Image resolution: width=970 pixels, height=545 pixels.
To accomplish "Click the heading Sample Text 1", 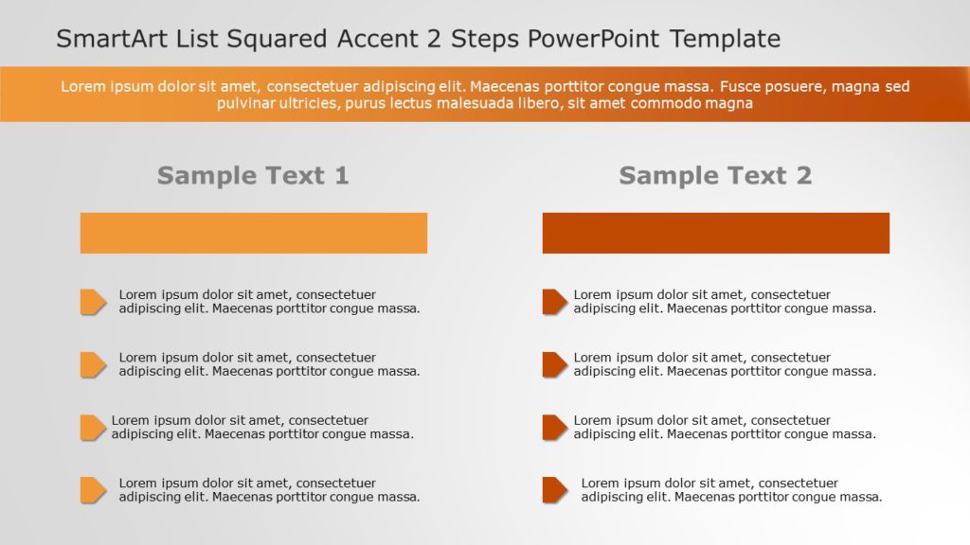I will (x=253, y=175).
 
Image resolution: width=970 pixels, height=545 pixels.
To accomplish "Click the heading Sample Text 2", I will (x=715, y=175).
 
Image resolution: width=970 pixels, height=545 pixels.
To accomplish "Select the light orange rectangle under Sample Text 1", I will (x=253, y=233).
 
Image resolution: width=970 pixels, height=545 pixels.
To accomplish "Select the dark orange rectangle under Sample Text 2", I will (x=715, y=233).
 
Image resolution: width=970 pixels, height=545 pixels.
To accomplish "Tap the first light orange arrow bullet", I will (x=92, y=302).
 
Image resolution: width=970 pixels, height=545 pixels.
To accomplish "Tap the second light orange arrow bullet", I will (x=92, y=364).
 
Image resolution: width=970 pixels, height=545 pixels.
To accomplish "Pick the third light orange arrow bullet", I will (x=92, y=428).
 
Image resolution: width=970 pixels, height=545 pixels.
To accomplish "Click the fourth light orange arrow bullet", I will (x=92, y=490).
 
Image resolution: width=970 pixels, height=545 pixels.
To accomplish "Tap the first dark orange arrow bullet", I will (x=554, y=302).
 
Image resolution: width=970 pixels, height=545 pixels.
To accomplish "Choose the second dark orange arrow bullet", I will (x=554, y=364).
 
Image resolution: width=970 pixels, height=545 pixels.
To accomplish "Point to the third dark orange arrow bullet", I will (x=554, y=428).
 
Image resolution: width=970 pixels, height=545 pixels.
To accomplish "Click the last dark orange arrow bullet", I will (x=554, y=490).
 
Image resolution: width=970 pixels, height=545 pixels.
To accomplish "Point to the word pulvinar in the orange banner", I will (x=247, y=103).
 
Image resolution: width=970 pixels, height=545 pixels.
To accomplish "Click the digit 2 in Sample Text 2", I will (x=803, y=175).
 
